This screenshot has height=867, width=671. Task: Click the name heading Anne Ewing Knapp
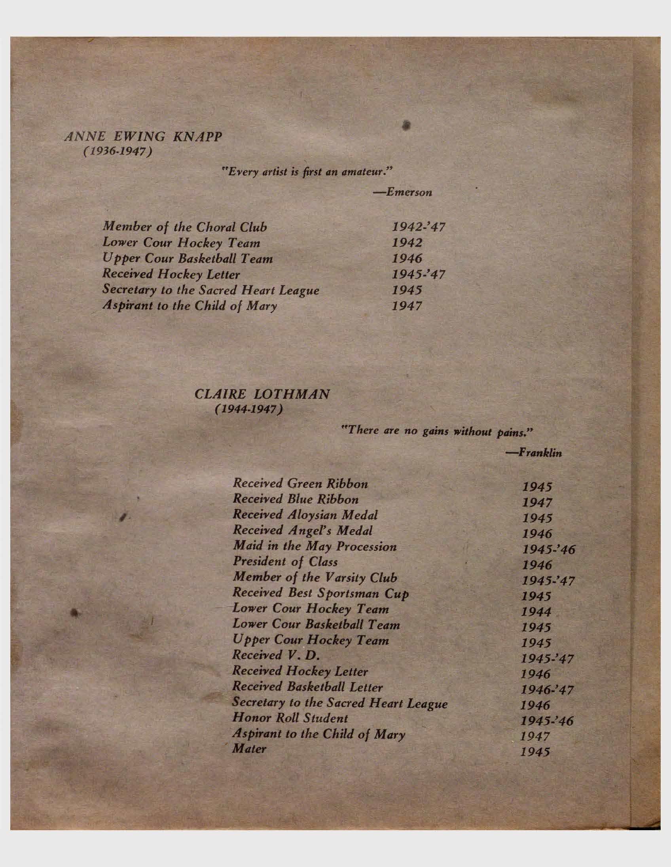143,137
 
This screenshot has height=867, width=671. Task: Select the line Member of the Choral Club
185,227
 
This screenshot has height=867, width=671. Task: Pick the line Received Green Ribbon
300,483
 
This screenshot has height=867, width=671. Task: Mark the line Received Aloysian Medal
305,515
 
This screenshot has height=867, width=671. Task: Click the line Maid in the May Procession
315,546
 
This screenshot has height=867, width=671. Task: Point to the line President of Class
285,562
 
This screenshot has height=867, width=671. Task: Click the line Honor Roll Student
290,718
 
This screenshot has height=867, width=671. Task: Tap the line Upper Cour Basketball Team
188,259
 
